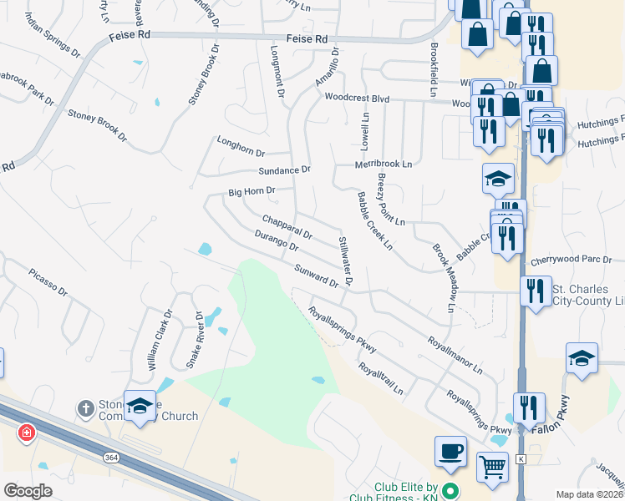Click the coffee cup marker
point(450,451)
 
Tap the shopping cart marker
point(492,466)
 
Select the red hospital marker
point(27,433)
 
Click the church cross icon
point(84,408)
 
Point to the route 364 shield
point(111,458)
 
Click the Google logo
point(28,491)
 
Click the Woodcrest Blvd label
point(358,99)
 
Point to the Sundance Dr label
point(284,170)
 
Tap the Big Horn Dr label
point(252,193)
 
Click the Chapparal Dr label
point(287,225)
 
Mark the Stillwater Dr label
point(344,261)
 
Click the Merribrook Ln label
point(384,164)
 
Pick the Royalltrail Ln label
point(381,378)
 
